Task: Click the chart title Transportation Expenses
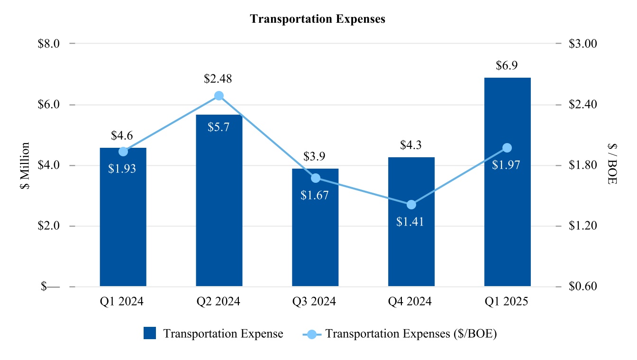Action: point(318,19)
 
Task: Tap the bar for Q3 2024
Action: point(315,237)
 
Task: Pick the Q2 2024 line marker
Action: point(219,96)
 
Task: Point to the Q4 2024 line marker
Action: point(411,205)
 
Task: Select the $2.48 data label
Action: point(218,79)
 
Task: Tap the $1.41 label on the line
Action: point(410,221)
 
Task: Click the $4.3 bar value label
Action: point(411,144)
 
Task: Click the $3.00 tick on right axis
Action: point(582,44)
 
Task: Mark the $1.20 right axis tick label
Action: point(582,226)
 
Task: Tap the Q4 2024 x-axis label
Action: point(411,302)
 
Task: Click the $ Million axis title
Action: point(25,165)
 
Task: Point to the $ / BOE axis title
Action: point(612,165)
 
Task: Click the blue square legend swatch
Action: point(150,333)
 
